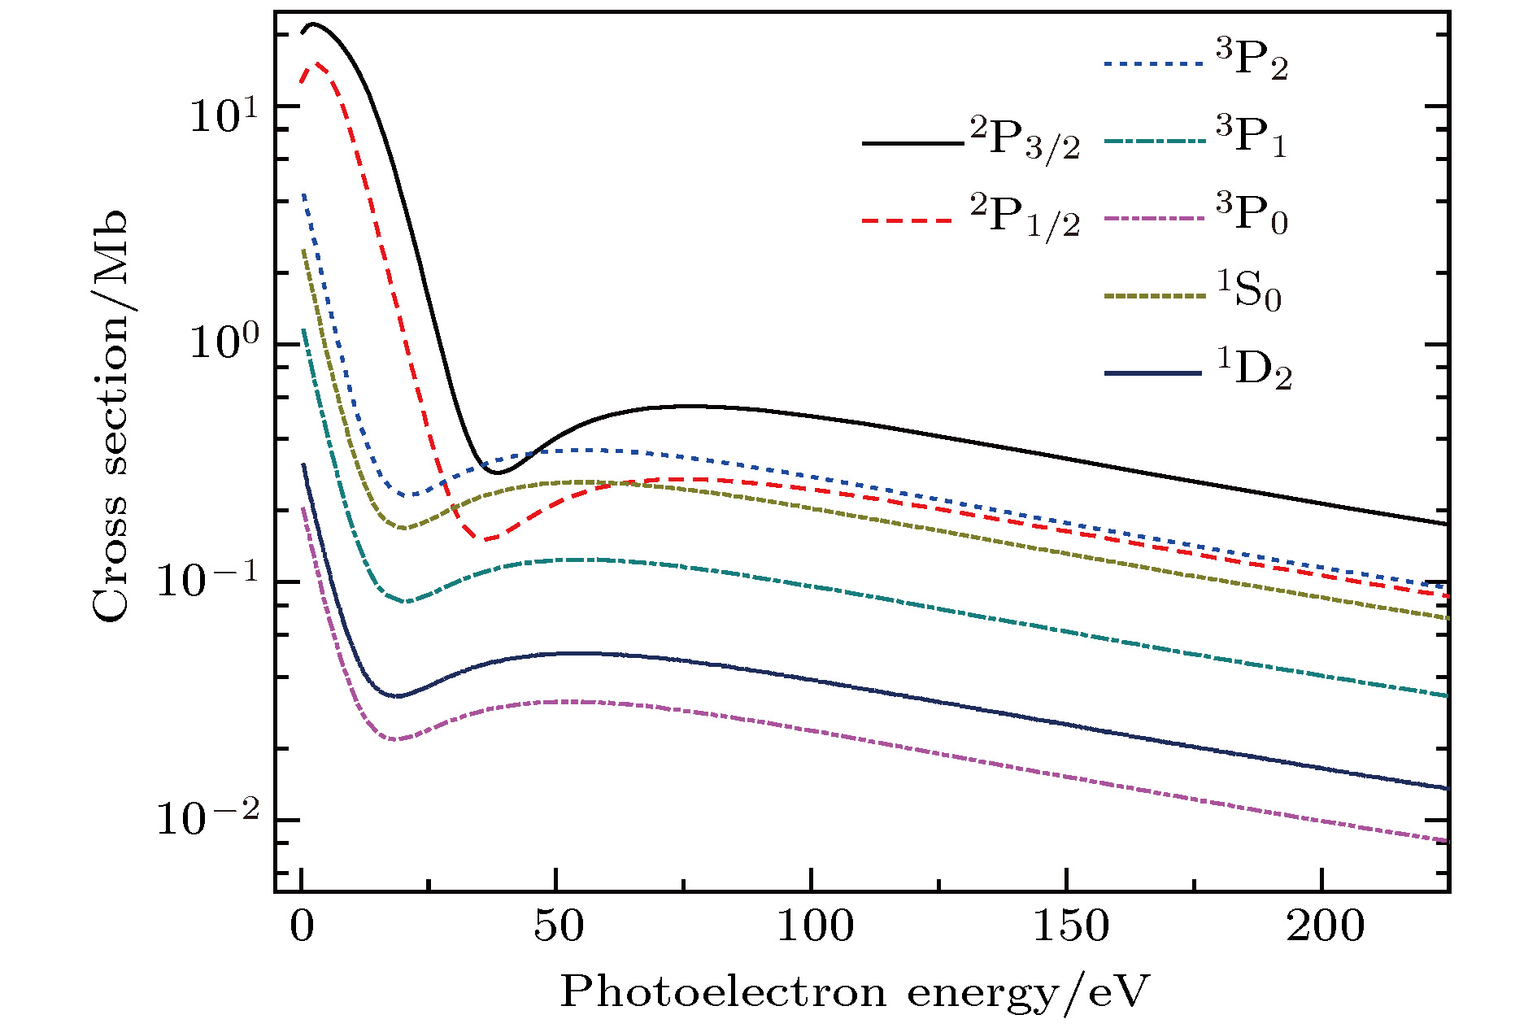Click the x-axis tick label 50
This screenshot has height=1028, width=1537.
point(557,928)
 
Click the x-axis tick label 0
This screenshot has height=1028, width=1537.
point(303,928)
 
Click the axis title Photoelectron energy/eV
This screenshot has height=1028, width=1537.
point(854,993)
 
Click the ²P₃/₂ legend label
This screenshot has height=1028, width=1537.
point(1025,140)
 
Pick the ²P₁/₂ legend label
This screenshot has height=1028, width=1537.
point(1025,216)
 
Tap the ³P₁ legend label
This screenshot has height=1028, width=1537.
point(1252,137)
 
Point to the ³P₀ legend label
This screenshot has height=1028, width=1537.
point(1252,215)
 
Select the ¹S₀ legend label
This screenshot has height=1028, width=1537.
point(1249,291)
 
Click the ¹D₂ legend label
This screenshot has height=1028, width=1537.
point(1253,370)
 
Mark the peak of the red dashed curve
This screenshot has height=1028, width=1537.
point(317,62)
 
